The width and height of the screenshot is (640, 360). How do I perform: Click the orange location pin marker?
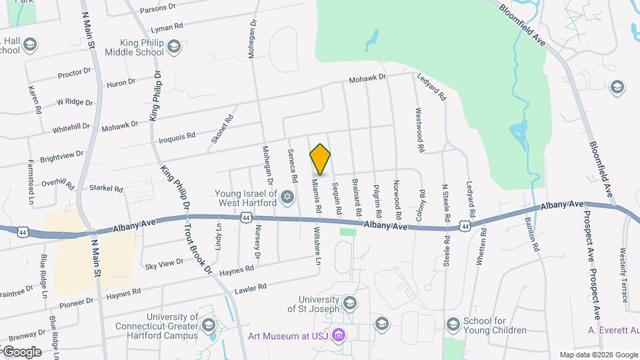pyautogui.click(x=320, y=159)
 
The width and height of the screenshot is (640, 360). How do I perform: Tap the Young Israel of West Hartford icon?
pyautogui.click(x=287, y=196)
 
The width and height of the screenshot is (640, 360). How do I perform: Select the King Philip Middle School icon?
pyautogui.click(x=173, y=46)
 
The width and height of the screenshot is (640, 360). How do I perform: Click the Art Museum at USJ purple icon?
pyautogui.click(x=339, y=334)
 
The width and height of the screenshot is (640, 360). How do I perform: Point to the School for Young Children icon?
pyautogui.click(x=453, y=324)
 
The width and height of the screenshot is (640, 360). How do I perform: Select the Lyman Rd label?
pyautogui.click(x=167, y=27)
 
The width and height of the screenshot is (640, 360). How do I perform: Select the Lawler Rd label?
pyautogui.click(x=251, y=289)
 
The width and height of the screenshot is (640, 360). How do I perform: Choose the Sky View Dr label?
pyautogui.click(x=164, y=264)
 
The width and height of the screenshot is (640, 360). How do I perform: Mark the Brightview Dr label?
pyautogui.click(x=61, y=154)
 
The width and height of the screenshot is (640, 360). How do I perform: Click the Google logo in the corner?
pyautogui.click(x=21, y=351)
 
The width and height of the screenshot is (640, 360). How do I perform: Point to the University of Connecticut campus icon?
pyautogui.click(x=208, y=325)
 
